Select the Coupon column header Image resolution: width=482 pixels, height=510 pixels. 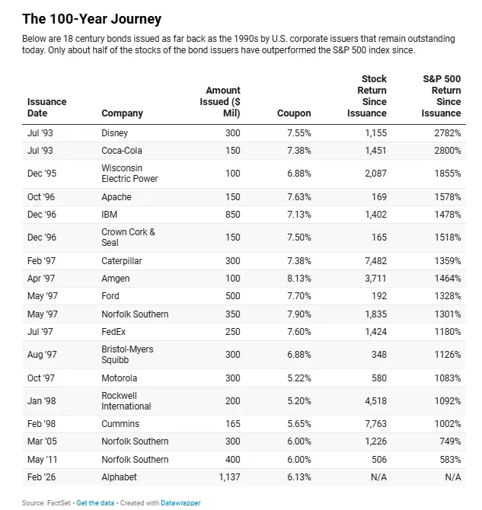(x=294, y=113)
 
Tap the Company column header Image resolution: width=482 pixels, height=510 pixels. (x=122, y=113)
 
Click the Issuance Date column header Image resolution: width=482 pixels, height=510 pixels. (x=46, y=107)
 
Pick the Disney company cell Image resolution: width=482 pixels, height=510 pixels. (x=116, y=133)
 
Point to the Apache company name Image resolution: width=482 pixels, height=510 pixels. (x=117, y=197)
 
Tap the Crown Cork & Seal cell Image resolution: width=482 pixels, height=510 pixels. (x=128, y=237)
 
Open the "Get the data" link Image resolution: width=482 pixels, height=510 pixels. (x=97, y=503)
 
